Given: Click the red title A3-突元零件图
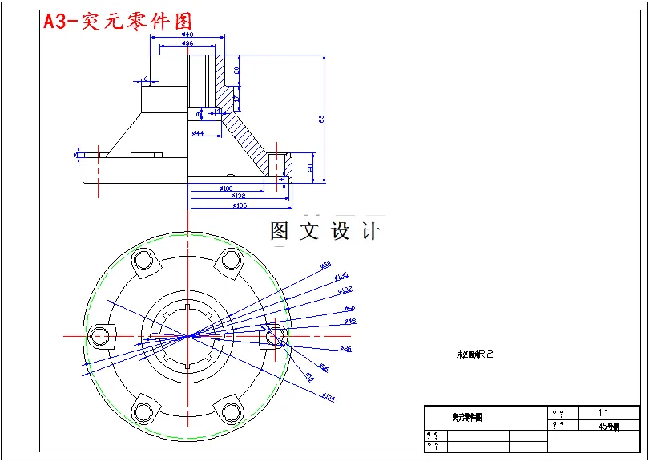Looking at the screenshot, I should click(117, 22).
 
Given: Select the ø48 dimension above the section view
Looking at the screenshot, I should click(187, 35).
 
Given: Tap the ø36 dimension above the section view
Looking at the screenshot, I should click(187, 44).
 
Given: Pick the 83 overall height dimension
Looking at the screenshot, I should click(322, 119).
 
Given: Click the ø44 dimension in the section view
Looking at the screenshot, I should click(197, 132).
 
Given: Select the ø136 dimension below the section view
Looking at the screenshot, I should click(239, 206).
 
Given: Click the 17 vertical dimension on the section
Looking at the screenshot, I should click(237, 99).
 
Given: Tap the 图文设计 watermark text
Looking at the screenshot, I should click(324, 232).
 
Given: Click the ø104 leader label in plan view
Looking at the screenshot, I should click(329, 396).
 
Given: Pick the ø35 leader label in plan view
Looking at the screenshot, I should click(346, 349).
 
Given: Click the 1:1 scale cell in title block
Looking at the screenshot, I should click(603, 412).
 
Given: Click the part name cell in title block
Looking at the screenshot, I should click(466, 418).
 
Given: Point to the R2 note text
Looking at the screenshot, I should click(476, 354).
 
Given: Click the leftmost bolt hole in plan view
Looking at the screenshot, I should click(99, 336).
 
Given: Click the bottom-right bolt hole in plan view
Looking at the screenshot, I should click(232, 412).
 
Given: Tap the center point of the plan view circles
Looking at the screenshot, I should click(187, 336).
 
